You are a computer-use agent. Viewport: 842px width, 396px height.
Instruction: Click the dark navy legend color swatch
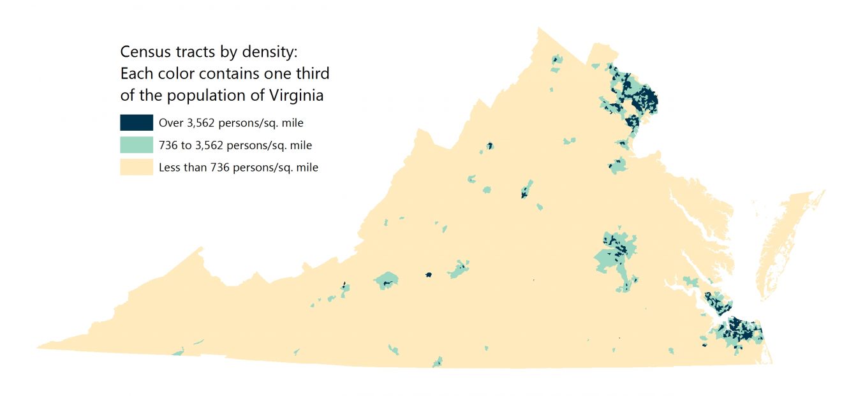click(136, 122)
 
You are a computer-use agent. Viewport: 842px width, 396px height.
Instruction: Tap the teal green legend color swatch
click(136, 145)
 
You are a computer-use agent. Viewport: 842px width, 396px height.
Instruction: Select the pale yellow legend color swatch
click(136, 167)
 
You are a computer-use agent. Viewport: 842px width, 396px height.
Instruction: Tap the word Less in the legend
click(169, 168)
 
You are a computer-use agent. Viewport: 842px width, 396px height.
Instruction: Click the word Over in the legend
click(170, 123)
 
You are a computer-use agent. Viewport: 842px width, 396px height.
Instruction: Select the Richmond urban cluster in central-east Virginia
click(616, 252)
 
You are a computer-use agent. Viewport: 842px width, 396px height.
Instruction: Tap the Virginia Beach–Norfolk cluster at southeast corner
click(740, 332)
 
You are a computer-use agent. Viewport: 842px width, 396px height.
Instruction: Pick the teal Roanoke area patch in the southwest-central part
click(387, 280)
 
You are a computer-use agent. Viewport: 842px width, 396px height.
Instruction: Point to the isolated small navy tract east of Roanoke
click(429, 275)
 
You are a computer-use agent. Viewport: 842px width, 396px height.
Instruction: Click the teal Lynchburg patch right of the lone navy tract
click(459, 270)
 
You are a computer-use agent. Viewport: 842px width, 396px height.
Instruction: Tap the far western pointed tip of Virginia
click(40, 347)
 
